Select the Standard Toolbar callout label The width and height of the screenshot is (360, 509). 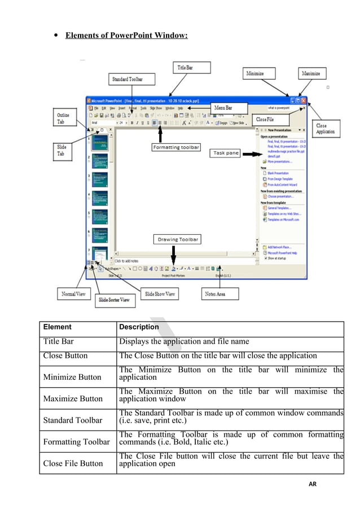click(x=128, y=80)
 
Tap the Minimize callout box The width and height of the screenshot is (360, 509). click(x=259, y=73)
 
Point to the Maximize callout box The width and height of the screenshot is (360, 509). click(x=311, y=73)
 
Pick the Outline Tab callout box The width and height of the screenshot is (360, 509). click(x=63, y=119)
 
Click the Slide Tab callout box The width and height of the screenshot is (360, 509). click(x=62, y=150)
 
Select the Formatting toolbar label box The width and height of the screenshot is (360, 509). click(x=175, y=147)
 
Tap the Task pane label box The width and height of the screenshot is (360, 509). click(x=226, y=153)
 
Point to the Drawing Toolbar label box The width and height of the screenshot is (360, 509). click(x=178, y=239)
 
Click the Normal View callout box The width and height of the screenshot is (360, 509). click(x=74, y=294)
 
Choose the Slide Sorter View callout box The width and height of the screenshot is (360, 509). click(x=114, y=300)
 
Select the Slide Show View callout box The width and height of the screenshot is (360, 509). click(x=160, y=294)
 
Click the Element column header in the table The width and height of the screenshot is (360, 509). click(x=58, y=327)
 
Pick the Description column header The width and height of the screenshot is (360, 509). click(x=139, y=327)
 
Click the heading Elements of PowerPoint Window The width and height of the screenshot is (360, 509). click(x=126, y=36)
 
